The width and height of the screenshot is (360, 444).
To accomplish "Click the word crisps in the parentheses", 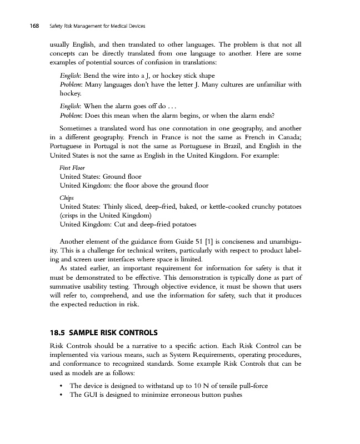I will [x=72, y=216].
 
